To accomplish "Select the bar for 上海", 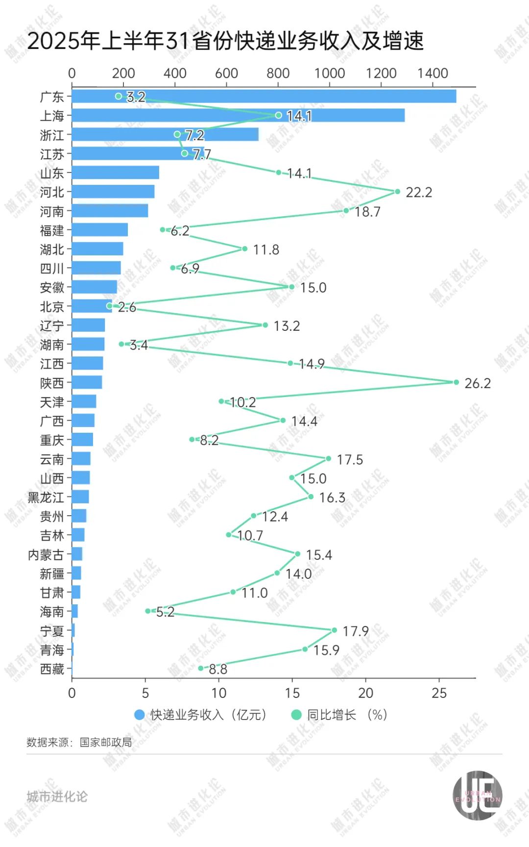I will (238, 116).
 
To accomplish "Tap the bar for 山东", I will (116, 173).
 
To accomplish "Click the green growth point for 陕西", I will (456, 382).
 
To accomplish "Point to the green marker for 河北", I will (397, 192).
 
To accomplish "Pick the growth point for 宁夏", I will (334, 630).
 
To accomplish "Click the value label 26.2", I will (477, 383).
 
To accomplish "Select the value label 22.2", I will (419, 193).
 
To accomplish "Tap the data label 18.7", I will (367, 212).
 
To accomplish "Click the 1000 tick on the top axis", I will (330, 74).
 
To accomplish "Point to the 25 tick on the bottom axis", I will (439, 693).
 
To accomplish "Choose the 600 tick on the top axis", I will (226, 74).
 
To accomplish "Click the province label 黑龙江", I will (46, 498).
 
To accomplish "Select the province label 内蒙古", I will (46, 555).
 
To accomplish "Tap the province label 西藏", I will (52, 669).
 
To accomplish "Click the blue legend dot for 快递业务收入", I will (140, 715).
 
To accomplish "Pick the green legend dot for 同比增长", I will (296, 715).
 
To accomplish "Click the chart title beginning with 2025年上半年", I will (225, 41).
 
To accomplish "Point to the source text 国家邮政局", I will (106, 743).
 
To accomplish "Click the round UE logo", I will (477, 795).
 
